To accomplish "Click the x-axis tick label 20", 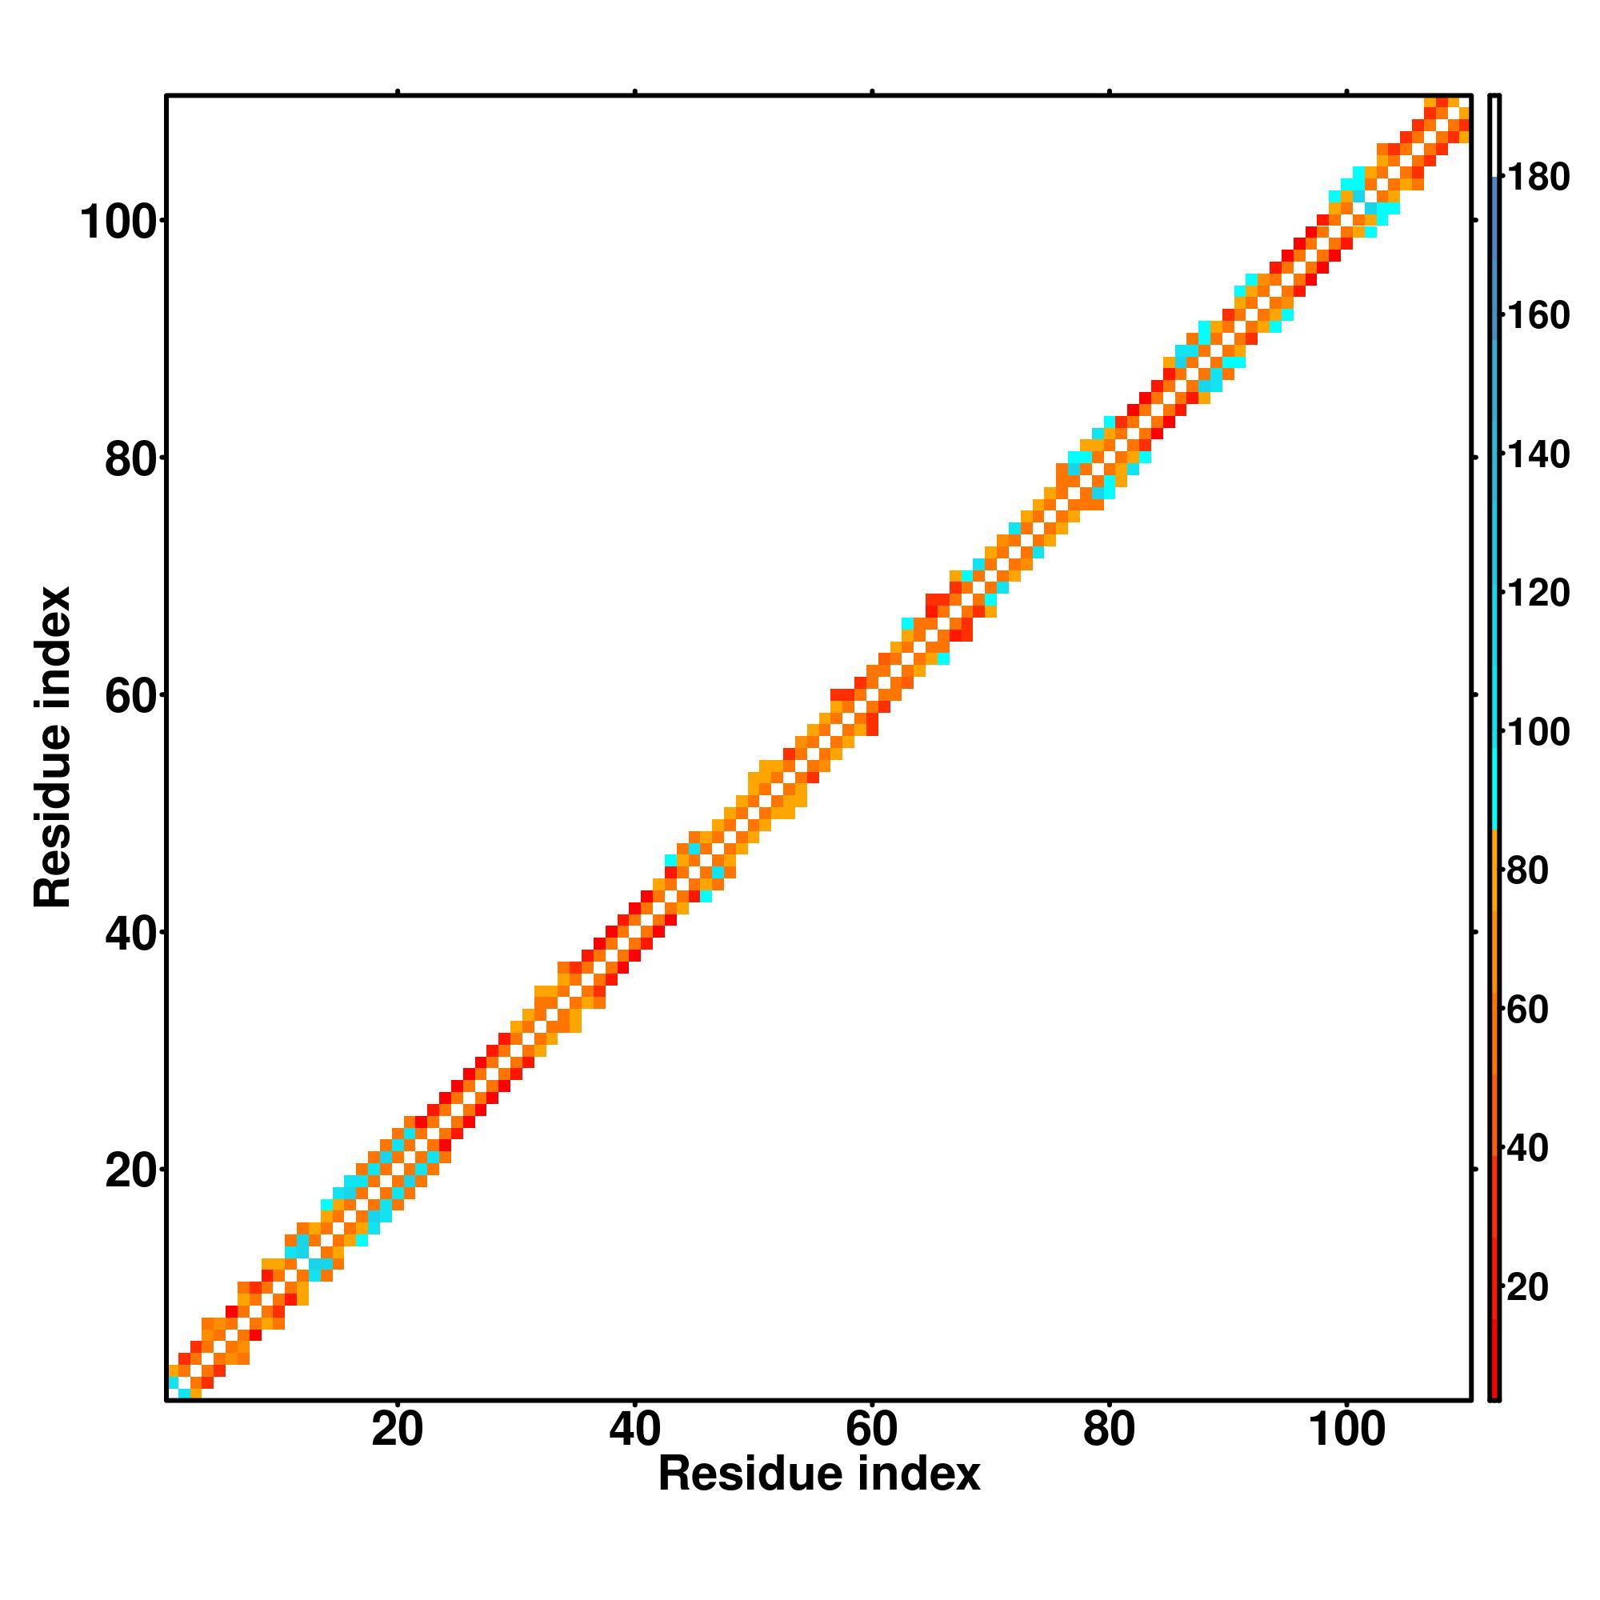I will tap(397, 1431).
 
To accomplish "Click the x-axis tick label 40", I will tap(634, 1431).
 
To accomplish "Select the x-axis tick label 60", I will tap(871, 1431).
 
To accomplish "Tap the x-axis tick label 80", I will tap(1108, 1431).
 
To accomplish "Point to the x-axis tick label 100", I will tap(1346, 1431).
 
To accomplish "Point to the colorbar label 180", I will tap(1538, 178).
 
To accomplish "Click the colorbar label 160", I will tap(1538, 316).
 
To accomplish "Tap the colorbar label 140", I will tap(1538, 455).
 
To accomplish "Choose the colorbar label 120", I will tap(1538, 594).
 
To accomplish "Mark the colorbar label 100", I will tap(1538, 733).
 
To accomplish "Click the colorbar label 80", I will tap(1528, 871).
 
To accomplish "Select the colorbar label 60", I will tap(1528, 1010).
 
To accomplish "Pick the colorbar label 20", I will tap(1528, 1288).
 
